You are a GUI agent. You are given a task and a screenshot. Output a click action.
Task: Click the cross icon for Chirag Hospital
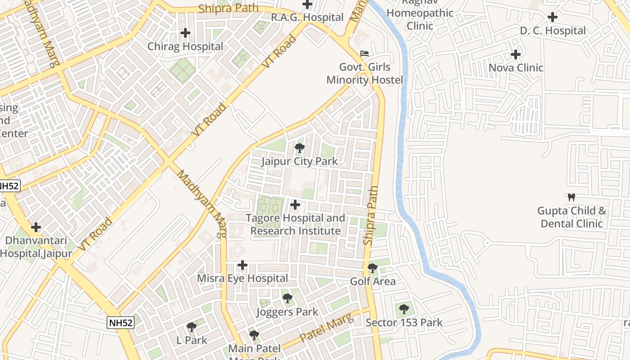(185, 33)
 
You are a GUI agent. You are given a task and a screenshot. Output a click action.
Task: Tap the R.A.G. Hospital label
(307, 18)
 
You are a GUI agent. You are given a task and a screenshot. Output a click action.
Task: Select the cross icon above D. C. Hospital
(553, 18)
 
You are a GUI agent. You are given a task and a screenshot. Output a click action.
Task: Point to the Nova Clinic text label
(516, 68)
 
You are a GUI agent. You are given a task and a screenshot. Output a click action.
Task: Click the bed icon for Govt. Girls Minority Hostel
(364, 54)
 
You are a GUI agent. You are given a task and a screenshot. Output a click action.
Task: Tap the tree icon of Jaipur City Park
(299, 148)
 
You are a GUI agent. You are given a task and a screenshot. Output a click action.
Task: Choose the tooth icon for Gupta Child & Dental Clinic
(571, 197)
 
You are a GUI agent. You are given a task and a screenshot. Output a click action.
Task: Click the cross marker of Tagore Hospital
(295, 205)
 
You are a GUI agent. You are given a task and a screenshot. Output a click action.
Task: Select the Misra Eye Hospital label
(243, 279)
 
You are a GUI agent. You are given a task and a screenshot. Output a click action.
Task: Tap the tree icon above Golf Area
(373, 268)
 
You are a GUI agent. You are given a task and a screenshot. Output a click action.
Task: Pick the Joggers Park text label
(287, 312)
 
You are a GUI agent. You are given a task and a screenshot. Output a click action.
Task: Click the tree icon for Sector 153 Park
(404, 309)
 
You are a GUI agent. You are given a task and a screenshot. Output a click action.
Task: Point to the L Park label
(192, 340)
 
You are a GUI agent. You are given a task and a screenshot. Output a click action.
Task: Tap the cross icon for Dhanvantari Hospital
(36, 227)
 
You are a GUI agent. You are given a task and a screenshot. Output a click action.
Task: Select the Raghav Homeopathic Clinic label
(420, 19)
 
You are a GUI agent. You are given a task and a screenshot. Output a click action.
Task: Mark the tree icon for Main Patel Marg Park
(254, 335)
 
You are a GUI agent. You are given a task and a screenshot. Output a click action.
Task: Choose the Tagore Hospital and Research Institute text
(295, 225)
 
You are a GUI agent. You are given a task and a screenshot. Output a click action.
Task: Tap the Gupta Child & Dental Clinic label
(571, 217)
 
